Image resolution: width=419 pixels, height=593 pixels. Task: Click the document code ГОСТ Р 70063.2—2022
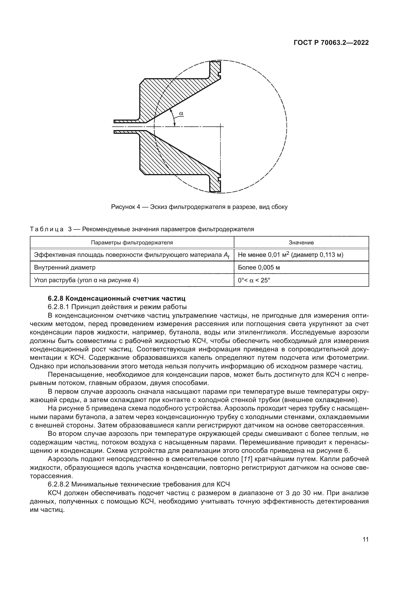click(331, 43)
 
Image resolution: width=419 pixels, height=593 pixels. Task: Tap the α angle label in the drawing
click(181, 113)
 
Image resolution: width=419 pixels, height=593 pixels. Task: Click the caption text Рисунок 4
click(125, 207)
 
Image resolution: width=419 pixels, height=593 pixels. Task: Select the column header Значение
click(301, 243)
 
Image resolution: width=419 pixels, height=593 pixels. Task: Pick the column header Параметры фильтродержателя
click(132, 243)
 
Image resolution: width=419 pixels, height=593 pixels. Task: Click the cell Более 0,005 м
click(259, 267)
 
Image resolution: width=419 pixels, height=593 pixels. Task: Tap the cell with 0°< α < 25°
click(254, 280)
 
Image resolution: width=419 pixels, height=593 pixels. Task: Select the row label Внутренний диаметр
click(65, 267)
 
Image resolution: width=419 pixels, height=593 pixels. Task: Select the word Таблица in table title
click(47, 229)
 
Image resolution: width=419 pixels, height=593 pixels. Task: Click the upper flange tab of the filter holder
click(215, 68)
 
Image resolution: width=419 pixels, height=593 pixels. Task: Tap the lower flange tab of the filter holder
click(215, 184)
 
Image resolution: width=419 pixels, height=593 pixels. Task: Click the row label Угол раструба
click(55, 280)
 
